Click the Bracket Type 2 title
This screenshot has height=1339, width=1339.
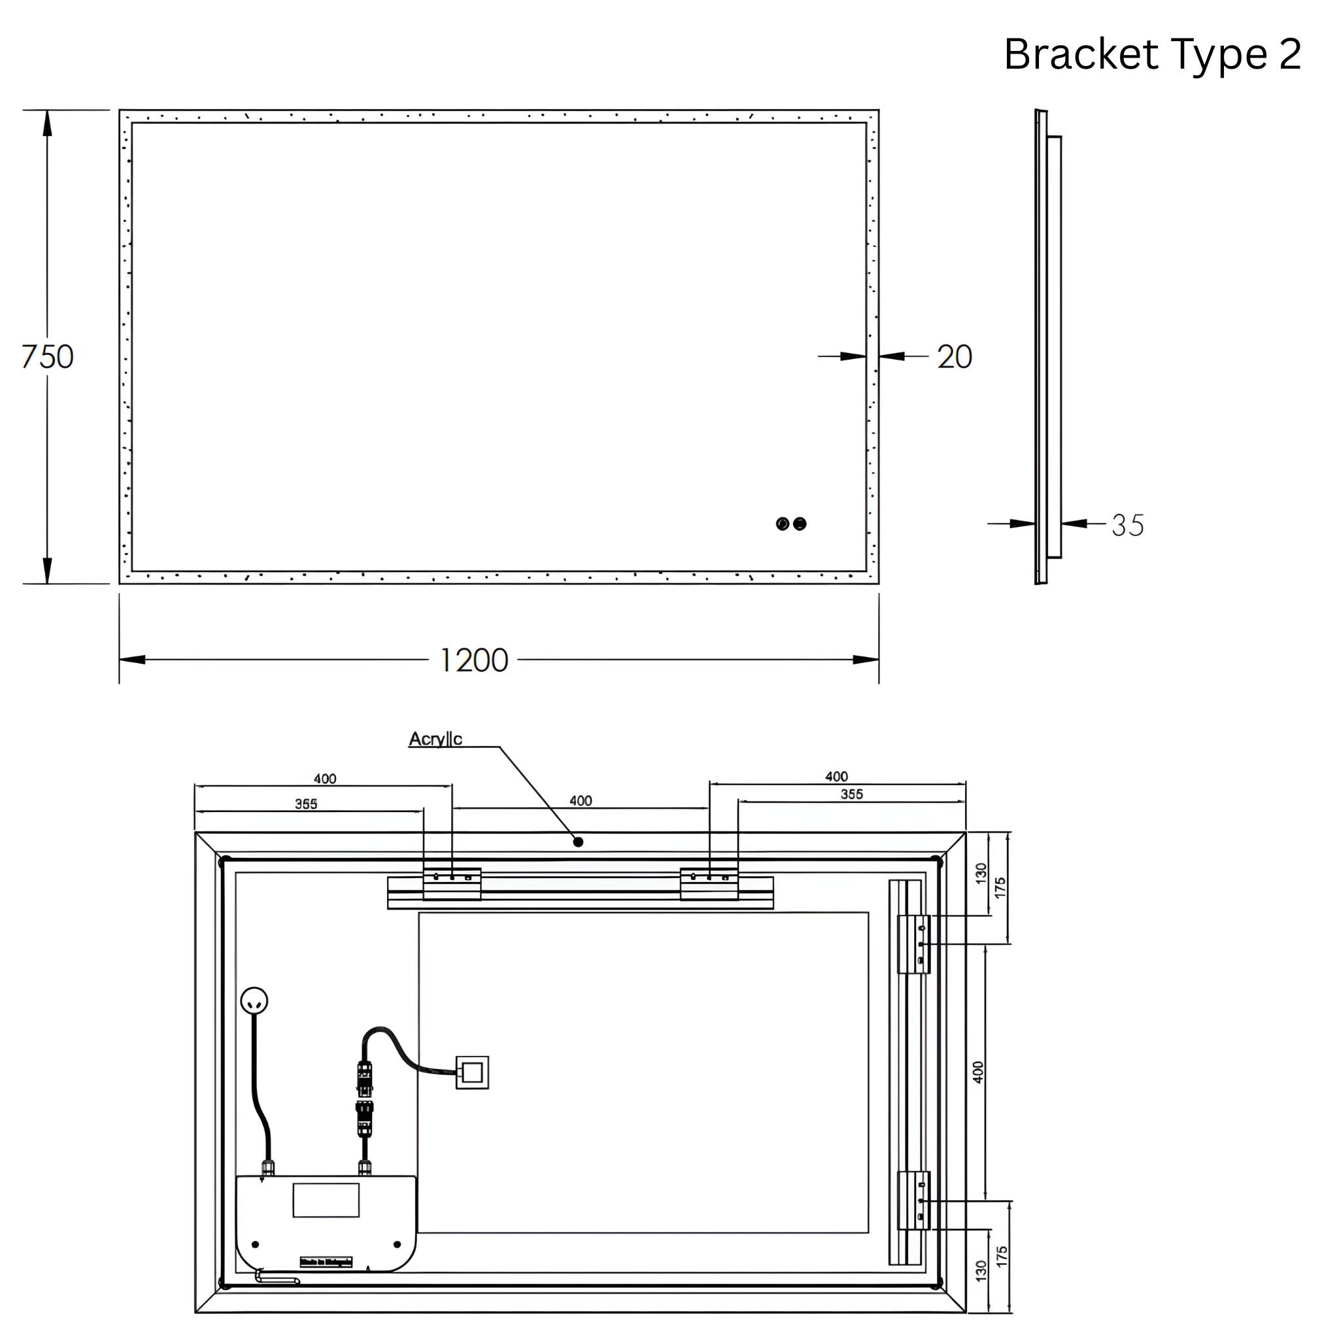pos(1152,54)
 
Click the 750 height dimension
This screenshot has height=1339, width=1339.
pos(47,356)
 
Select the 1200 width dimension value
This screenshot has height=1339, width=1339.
pos(474,660)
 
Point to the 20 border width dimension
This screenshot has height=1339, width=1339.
pos(955,356)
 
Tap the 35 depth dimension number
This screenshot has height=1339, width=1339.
pos(1128,524)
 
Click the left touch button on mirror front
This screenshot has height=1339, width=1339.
pos(783,523)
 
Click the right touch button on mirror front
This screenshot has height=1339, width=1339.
pos(800,523)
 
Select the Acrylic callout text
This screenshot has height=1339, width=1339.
pos(435,739)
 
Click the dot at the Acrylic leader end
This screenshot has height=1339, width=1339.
pos(578,842)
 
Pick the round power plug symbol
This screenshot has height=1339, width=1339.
pos(254,1001)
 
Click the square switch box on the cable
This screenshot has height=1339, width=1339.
pos(472,1072)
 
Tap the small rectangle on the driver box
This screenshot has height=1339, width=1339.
pos(326,1200)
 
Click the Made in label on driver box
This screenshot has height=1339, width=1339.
pos(326,1262)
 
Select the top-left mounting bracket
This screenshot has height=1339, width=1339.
pos(452,885)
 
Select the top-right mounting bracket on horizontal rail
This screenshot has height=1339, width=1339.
pos(709,885)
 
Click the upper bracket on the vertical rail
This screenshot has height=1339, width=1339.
pos(913,944)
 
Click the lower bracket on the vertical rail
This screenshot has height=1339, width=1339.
pos(913,1200)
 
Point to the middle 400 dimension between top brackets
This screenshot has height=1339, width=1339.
pos(581,800)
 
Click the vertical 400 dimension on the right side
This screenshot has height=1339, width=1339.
pos(978,1072)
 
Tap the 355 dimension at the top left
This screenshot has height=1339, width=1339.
pos(307,804)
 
